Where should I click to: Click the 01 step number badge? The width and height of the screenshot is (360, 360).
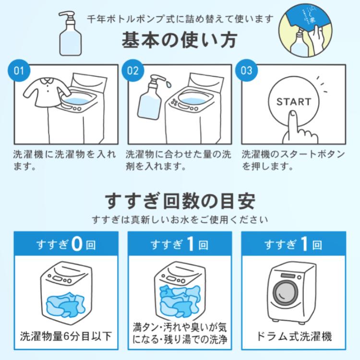pos(19,71)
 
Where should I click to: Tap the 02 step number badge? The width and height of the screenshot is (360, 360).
pos(132,71)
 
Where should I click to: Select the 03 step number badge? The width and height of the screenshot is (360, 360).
pos(246,71)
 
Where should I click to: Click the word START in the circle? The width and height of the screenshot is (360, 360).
pos(294,102)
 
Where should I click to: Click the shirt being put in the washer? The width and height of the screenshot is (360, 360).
pos(43,91)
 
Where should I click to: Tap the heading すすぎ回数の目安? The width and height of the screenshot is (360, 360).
pos(180,201)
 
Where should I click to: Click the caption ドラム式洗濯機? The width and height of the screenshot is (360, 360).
pos(293,336)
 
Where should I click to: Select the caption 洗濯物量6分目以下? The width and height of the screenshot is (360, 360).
pos(66,336)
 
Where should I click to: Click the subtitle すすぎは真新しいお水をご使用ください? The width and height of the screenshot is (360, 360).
pos(180,220)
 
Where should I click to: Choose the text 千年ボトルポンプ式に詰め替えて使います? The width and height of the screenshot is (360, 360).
pos(180,19)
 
